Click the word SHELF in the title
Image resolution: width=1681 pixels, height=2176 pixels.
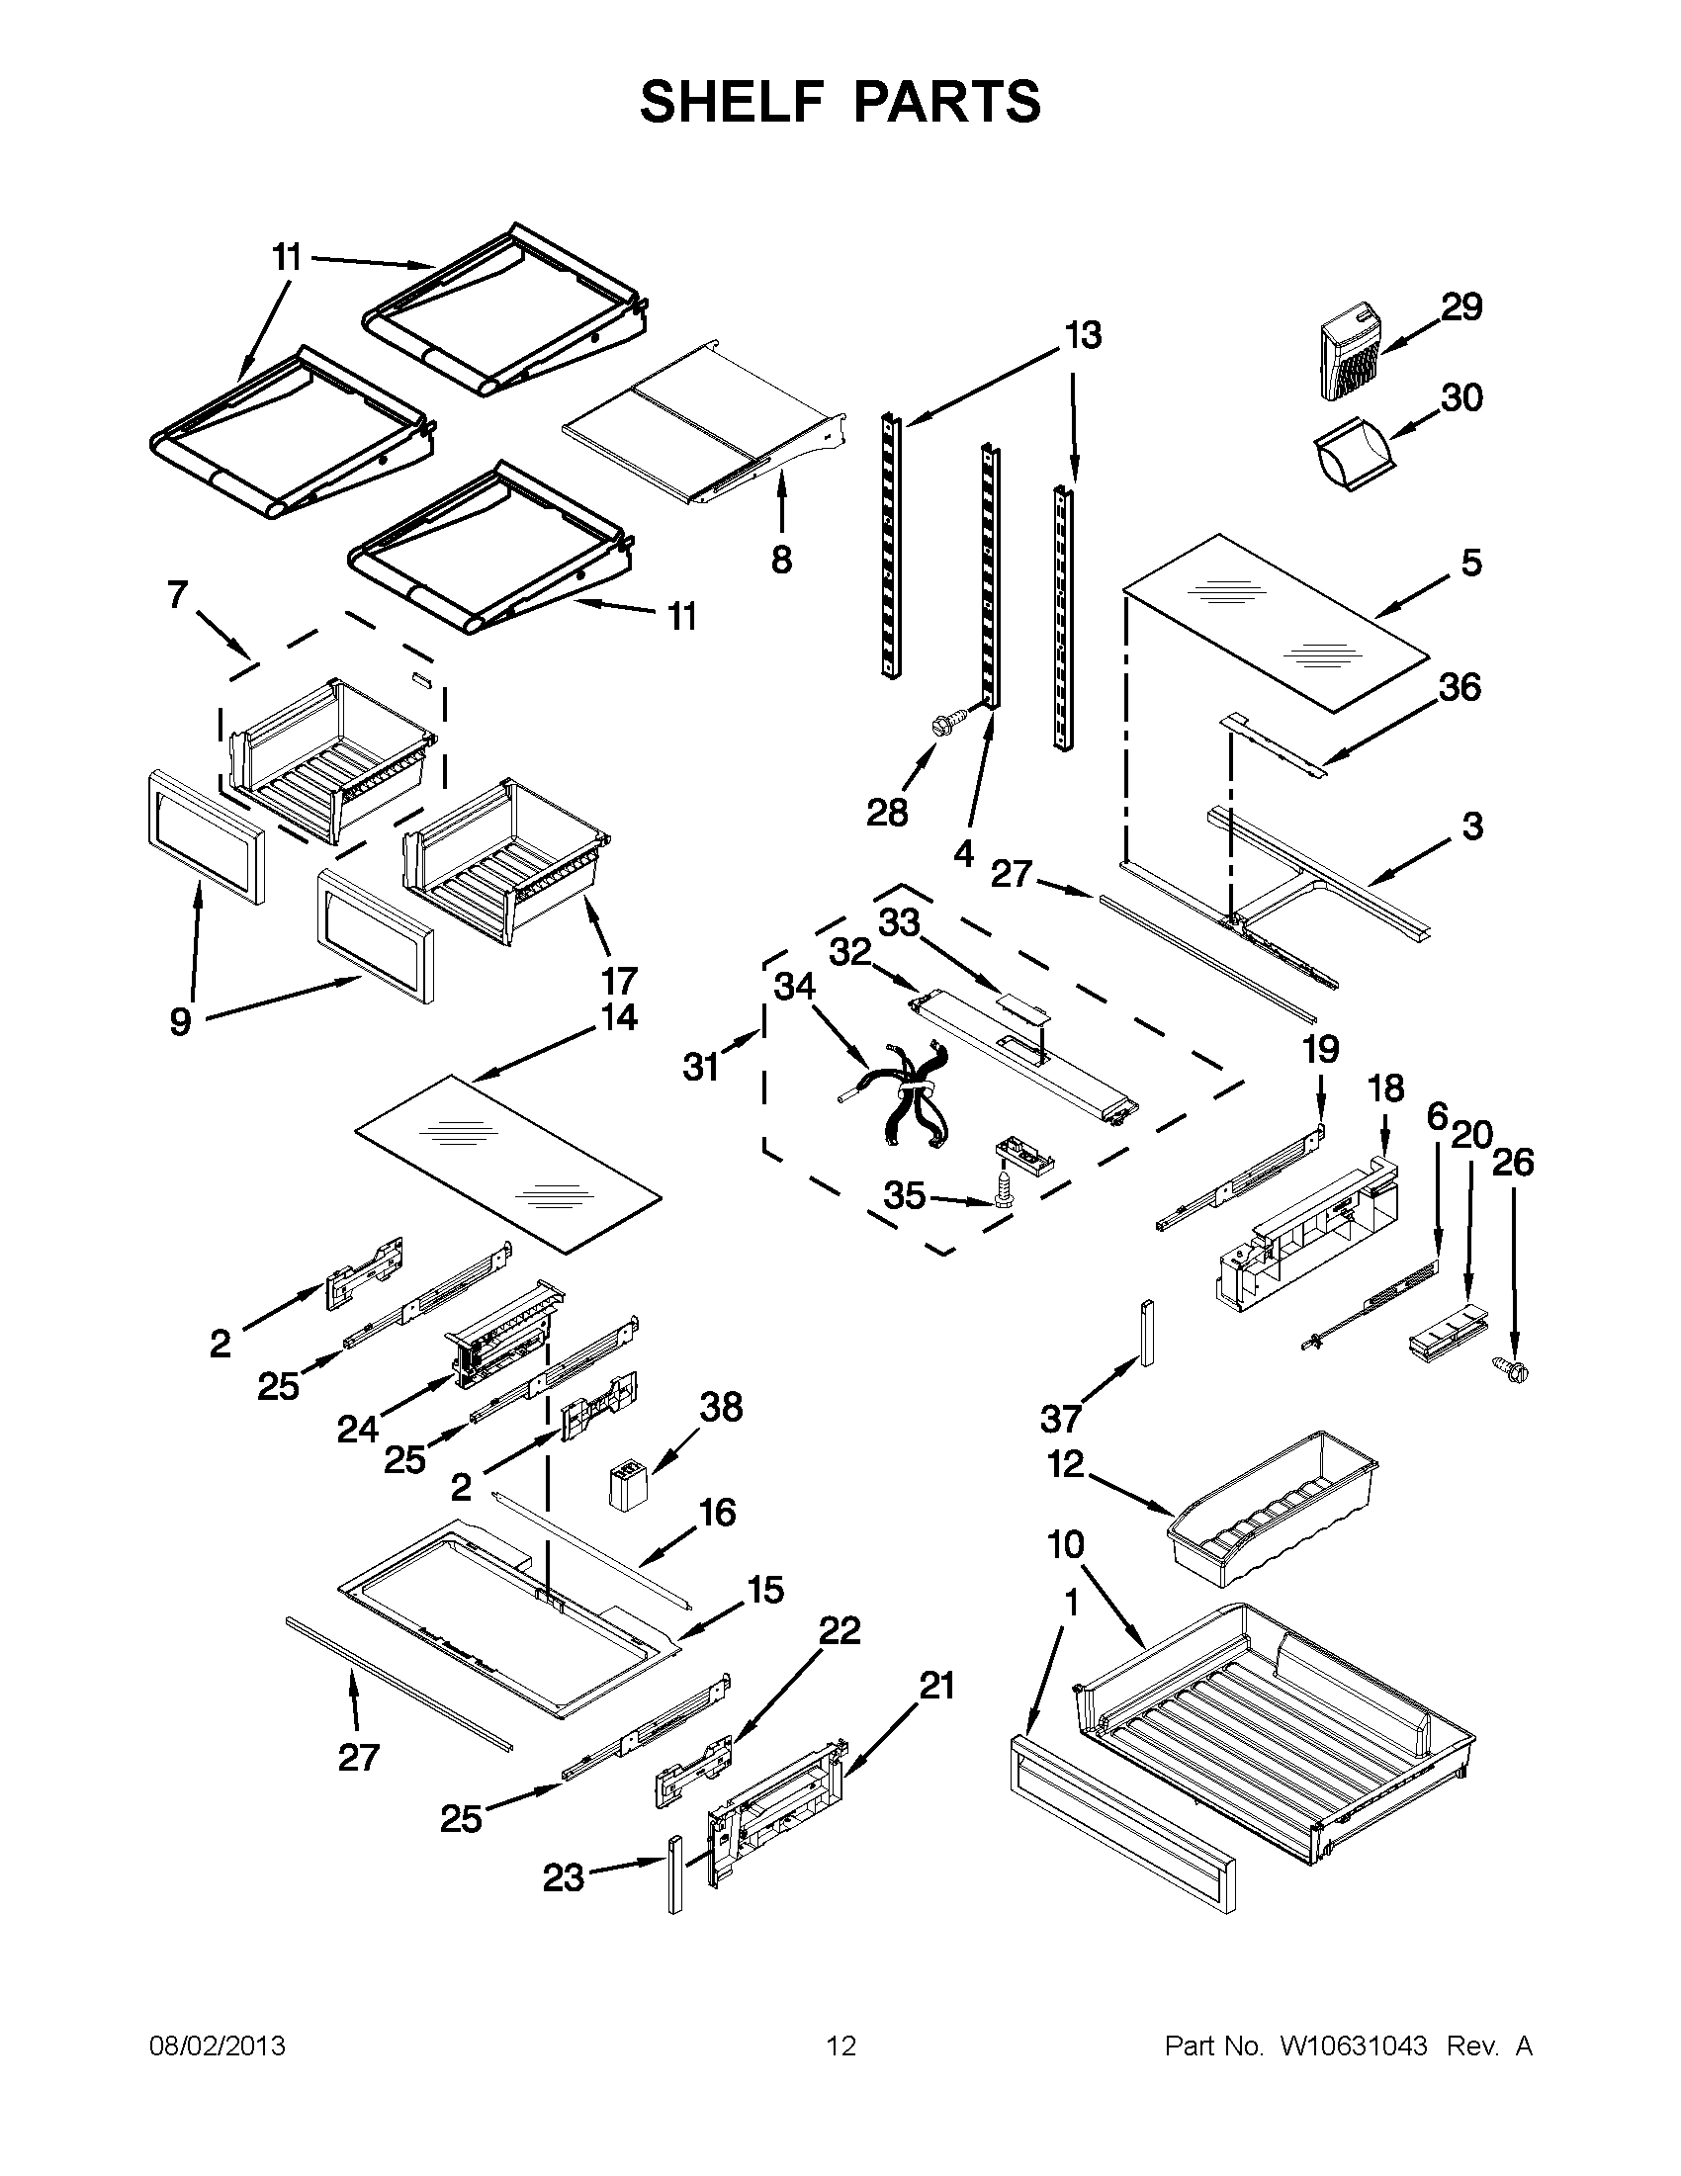(732, 101)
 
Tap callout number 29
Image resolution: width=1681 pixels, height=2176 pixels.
(1461, 306)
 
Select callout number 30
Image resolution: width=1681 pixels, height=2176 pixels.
(1461, 397)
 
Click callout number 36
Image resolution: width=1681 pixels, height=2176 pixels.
(1460, 687)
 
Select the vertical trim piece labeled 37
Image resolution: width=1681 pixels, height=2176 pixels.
(1147, 1332)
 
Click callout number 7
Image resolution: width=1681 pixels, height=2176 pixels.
(177, 596)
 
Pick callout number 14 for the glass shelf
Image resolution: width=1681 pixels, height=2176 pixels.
(619, 1017)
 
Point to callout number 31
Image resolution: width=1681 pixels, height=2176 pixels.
(700, 1067)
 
